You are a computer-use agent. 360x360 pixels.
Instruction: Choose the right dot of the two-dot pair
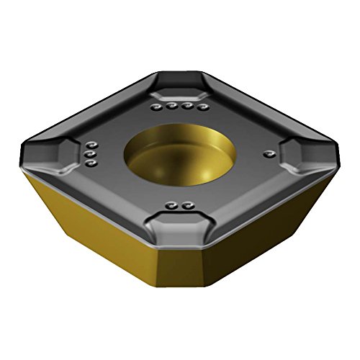point(189,207)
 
